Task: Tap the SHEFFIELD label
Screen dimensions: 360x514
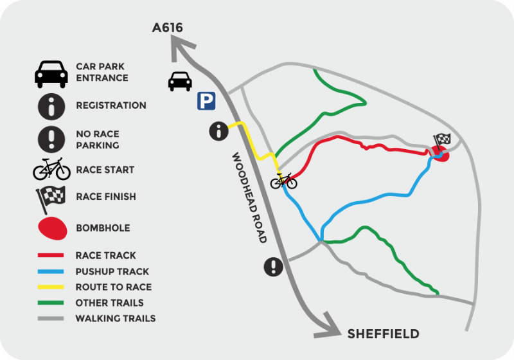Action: (x=383, y=334)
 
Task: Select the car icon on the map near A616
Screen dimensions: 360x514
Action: (x=180, y=80)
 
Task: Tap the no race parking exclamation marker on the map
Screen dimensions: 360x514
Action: (x=274, y=266)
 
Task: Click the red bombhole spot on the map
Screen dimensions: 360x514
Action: (x=440, y=154)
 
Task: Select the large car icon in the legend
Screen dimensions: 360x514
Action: (x=51, y=74)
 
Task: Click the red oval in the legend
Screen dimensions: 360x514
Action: (x=52, y=228)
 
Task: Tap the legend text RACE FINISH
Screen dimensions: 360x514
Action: (x=105, y=196)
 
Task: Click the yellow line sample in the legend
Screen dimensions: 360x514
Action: (x=51, y=287)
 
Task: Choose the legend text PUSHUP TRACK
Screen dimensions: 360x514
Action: (x=112, y=271)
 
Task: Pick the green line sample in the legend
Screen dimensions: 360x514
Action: (x=51, y=302)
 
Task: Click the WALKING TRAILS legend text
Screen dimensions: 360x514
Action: (x=115, y=318)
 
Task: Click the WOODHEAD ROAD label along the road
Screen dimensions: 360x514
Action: (x=249, y=197)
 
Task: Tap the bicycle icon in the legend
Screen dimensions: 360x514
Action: (x=51, y=169)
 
